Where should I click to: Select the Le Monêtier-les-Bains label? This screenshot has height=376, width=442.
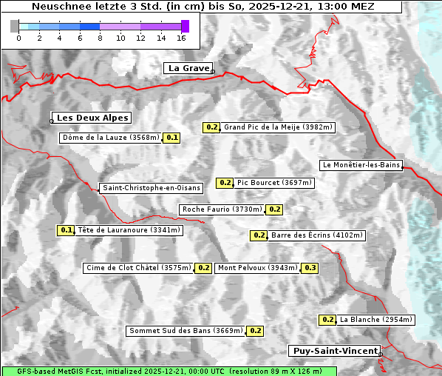pos(361,165)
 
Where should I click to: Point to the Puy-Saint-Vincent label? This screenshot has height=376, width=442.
pos(335,351)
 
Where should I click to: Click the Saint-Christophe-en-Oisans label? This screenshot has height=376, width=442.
pos(151,188)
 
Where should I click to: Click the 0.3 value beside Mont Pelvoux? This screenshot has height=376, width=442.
pos(310,268)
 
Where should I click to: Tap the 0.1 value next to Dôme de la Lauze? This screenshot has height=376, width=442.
pos(171,138)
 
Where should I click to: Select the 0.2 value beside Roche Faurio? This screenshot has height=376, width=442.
pos(274,209)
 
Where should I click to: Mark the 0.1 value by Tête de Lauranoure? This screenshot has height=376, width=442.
pos(67,230)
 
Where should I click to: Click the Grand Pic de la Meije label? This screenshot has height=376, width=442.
pos(279,127)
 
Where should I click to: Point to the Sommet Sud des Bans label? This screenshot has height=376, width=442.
pos(186,331)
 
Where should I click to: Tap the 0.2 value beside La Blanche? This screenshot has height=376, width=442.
pos(327,320)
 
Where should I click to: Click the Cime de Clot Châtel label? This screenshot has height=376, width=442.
pos(138,268)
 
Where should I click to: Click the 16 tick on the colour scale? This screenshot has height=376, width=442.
pos(181,37)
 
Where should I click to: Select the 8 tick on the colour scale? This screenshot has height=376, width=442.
pos(100,37)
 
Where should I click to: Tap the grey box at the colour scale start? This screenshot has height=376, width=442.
pos(15,26)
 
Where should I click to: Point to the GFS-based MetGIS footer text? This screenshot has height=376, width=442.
pos(168,371)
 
